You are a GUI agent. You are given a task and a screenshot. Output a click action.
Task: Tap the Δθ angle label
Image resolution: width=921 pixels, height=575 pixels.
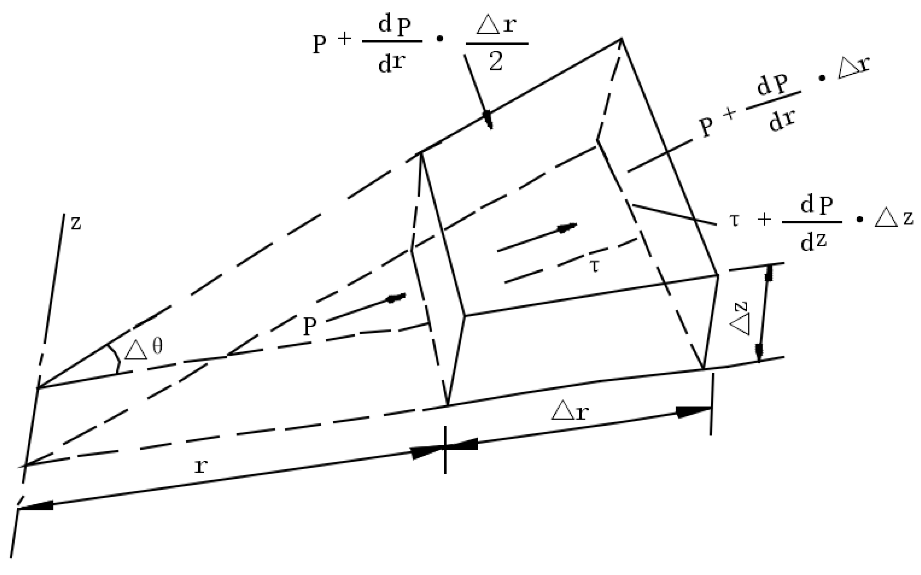144,349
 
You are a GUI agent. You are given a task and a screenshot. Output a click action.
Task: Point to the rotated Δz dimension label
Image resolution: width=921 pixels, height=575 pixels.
739,319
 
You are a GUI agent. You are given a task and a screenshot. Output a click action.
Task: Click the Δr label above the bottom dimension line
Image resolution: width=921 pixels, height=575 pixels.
570,412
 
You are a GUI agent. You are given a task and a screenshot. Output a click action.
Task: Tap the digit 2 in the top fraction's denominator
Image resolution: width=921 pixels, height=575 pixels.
496,62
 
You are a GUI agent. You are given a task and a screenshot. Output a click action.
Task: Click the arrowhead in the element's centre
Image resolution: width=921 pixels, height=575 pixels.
567,227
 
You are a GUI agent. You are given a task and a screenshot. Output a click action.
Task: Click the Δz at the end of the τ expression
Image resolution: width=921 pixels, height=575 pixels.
894,219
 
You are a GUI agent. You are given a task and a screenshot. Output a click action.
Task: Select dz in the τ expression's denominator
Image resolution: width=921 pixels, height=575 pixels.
813,242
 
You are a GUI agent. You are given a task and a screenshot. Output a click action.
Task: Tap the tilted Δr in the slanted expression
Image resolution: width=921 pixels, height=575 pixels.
853,68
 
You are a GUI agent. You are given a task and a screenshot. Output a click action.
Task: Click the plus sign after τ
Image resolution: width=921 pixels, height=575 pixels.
764,219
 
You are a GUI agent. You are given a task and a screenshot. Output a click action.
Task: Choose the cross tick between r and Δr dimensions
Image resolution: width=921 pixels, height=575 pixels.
445,449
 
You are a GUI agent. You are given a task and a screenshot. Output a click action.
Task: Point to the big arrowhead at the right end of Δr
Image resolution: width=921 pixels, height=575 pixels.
693,411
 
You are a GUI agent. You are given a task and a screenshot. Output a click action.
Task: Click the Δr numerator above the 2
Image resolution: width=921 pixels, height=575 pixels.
496,26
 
